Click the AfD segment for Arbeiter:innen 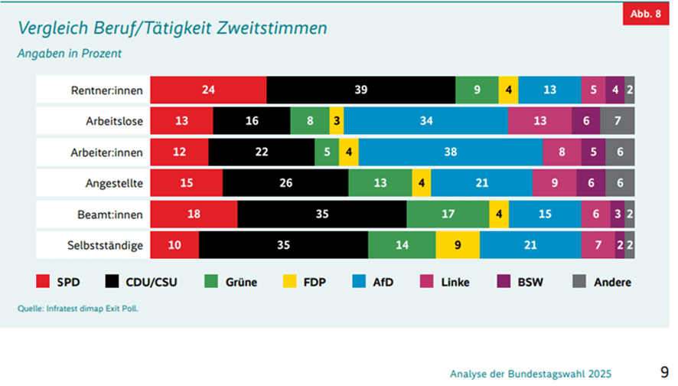pyautogui.click(x=450, y=152)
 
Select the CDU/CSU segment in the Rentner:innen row pyautogui.click(x=360, y=90)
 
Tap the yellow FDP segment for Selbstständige pyautogui.click(x=458, y=246)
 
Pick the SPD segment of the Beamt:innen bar pyautogui.click(x=194, y=214)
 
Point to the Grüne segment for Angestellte pyautogui.click(x=380, y=184)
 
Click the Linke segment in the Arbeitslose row pyautogui.click(x=539, y=121)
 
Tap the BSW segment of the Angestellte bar pyautogui.click(x=590, y=184)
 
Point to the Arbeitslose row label pyautogui.click(x=114, y=121)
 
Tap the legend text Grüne pyautogui.click(x=241, y=282)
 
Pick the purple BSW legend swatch pyautogui.click(x=505, y=282)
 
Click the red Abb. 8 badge pyautogui.click(x=644, y=12)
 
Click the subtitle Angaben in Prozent pyautogui.click(x=70, y=54)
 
